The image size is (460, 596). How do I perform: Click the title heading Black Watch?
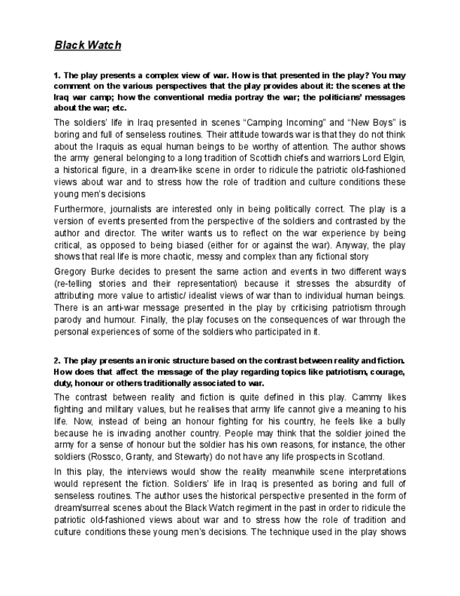[88, 45]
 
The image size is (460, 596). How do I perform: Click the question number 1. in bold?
[58, 74]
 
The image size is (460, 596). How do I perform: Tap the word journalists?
[139, 209]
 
